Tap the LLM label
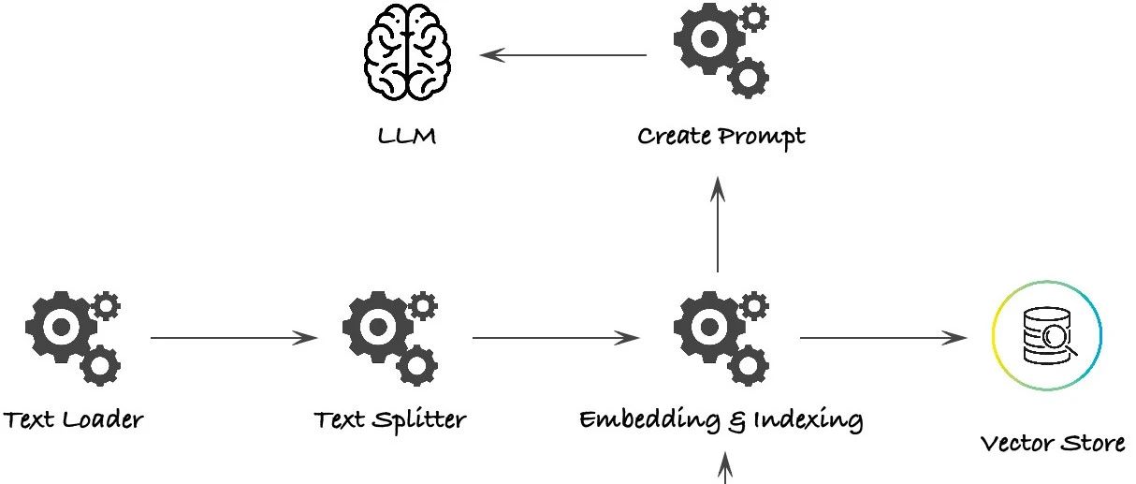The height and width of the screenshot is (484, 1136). [x=406, y=138]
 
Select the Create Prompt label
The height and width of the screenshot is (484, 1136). [x=721, y=137]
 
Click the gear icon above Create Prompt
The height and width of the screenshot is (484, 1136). [x=720, y=49]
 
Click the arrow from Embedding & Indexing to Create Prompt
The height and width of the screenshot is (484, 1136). [x=718, y=225]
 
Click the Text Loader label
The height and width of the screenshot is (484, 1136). [x=74, y=418]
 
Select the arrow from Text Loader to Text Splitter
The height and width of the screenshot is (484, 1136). [x=234, y=337]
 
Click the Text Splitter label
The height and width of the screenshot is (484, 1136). [x=390, y=418]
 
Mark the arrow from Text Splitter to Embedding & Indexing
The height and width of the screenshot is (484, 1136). [x=556, y=337]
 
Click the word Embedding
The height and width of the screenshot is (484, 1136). [x=647, y=419]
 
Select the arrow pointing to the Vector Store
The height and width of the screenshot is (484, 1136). [x=883, y=337]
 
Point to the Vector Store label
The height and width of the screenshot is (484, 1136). [x=1053, y=442]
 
